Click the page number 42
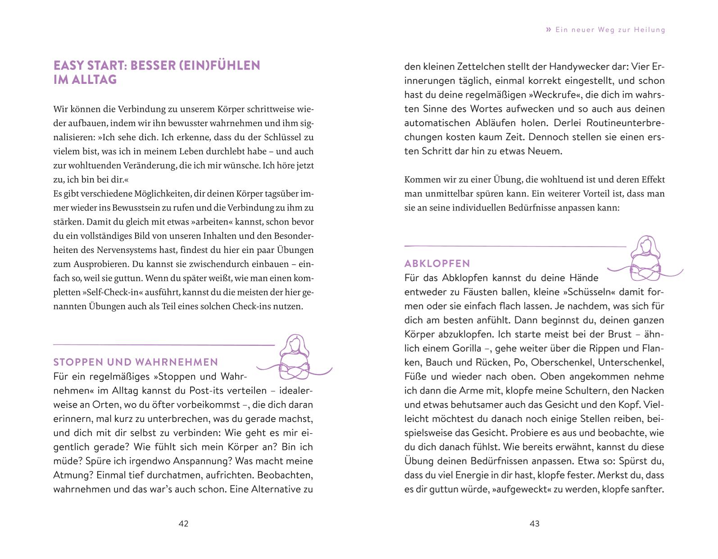pos(183,523)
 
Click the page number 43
pos(534,523)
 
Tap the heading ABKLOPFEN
pos(437,263)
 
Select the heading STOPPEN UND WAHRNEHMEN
pos(136,362)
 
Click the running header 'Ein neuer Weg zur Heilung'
pos(610,30)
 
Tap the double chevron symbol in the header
pos(548,30)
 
